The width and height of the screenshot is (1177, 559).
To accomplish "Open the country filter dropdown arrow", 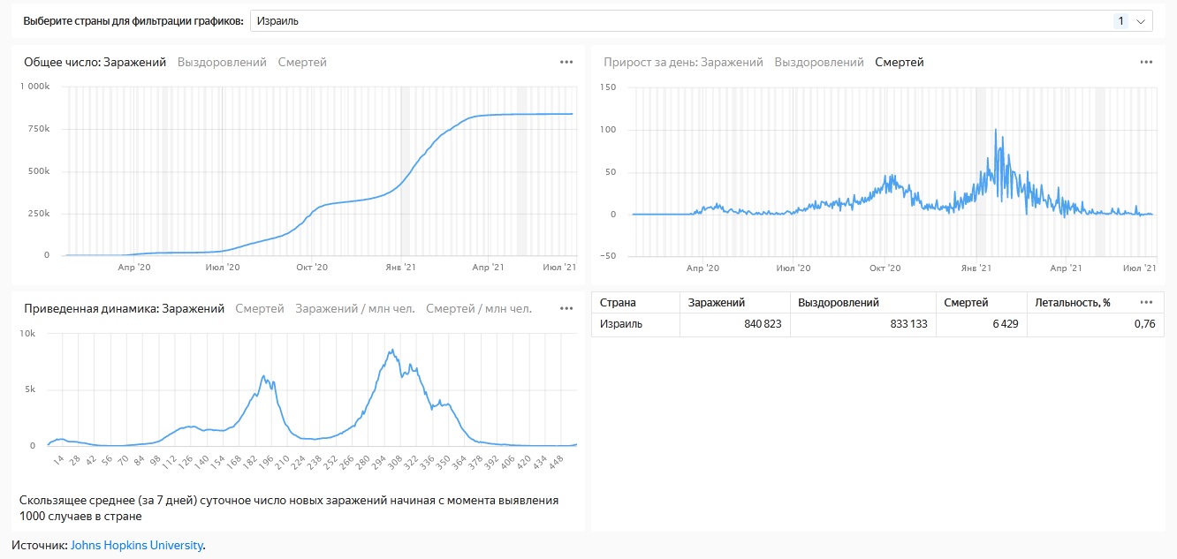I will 1140,21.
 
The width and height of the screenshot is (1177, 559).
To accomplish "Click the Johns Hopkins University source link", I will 137,546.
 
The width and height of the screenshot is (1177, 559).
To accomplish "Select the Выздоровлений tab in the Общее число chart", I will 222,63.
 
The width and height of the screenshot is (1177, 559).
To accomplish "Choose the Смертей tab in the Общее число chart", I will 302,63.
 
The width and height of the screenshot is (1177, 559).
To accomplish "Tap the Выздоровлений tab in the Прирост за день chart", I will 819,63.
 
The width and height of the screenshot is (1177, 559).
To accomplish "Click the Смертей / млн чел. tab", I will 479,309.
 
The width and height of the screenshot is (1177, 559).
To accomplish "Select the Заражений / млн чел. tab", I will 354,309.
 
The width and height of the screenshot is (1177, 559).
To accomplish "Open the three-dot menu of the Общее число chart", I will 566,63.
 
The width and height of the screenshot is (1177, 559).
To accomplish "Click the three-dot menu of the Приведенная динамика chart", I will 566,309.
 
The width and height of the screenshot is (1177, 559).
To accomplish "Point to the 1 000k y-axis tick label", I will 35,87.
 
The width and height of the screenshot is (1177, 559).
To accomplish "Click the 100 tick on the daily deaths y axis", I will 607,130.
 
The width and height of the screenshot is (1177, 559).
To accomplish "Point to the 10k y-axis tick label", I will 27,334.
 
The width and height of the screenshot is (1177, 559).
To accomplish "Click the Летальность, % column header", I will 1072,303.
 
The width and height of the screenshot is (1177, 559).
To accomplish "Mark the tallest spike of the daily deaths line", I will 996,131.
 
